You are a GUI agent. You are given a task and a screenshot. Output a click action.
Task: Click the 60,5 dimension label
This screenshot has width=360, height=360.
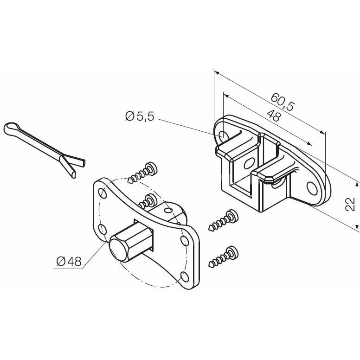coord(282,102)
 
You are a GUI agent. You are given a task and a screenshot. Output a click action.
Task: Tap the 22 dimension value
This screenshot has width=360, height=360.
coord(350,204)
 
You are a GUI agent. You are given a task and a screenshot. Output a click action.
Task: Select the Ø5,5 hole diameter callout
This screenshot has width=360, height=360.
coord(140,116)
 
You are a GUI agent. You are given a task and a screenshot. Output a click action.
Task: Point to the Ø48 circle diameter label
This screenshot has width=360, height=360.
coord(69,261)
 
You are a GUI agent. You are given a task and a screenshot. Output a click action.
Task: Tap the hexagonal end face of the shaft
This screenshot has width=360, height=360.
coord(118,250)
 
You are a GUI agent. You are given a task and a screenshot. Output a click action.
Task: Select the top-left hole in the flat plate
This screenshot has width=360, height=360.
coord(103,193)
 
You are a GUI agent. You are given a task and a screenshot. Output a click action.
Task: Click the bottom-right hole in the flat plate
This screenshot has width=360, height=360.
coord(185,276)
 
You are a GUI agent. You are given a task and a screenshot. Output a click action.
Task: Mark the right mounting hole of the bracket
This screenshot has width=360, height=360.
coord(312,188)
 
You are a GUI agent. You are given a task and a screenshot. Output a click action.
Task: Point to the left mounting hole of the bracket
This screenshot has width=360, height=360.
coord(223,135)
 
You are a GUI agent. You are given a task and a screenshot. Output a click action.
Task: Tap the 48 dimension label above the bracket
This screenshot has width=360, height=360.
coord(274,116)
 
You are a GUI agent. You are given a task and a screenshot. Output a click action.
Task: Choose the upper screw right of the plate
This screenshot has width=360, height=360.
coord(223,220)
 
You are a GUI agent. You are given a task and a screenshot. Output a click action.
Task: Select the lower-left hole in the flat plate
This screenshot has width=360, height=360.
coord(103,229)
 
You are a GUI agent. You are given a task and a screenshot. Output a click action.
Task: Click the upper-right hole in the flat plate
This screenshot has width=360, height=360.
coord(184,240)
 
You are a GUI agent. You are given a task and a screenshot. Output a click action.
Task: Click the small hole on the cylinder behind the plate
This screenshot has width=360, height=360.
coord(168,210)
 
